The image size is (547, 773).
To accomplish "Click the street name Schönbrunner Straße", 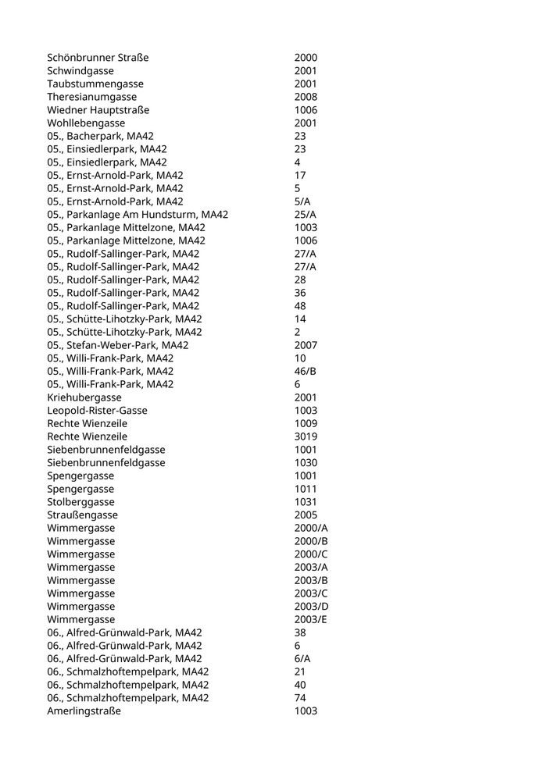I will (x=98, y=58).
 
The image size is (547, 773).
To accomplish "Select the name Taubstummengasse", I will (x=95, y=84).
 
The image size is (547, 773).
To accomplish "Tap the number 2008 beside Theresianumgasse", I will (x=306, y=97).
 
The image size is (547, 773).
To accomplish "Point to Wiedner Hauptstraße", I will (x=98, y=110).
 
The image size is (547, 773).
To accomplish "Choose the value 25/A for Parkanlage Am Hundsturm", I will (x=306, y=215).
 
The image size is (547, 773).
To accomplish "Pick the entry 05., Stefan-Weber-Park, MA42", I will (x=117, y=345).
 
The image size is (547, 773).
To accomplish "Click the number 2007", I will (x=306, y=345).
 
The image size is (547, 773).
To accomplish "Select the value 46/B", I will (x=305, y=371).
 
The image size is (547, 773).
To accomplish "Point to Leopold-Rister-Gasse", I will (x=97, y=411).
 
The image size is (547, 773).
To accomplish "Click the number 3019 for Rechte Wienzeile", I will (x=306, y=436).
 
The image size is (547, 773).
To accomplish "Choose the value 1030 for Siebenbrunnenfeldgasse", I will (x=306, y=463).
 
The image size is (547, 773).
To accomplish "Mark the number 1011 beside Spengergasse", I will (x=306, y=489).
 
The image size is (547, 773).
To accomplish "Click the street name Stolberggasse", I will (x=80, y=502).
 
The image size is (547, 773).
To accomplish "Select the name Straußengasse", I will (x=82, y=515).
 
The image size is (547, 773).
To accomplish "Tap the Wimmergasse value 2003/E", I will (x=311, y=619).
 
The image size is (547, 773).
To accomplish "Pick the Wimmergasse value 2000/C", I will (x=311, y=554).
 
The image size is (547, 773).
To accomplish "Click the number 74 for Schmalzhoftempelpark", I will (x=300, y=698).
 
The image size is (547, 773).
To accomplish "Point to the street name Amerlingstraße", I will (x=84, y=711).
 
